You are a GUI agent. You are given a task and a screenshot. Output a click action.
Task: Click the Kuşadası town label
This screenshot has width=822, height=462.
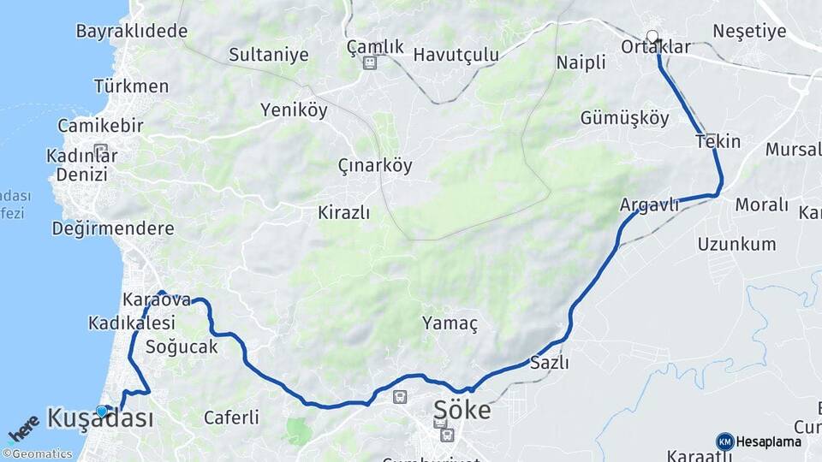coord(101,418)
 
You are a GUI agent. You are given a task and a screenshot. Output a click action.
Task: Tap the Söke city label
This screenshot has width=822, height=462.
coord(462,410)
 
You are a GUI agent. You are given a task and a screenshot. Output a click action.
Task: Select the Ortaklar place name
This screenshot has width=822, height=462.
coord(656,47)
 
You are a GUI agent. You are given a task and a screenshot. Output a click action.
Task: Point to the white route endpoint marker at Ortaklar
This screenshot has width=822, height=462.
coord(652,37)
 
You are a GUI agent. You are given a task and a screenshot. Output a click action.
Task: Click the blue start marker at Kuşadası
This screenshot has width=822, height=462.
coord(102,412)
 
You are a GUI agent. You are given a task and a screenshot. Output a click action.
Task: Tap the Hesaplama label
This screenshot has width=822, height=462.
coord(769,441)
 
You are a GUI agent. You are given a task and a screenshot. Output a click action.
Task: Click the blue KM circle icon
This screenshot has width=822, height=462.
coord(724,441)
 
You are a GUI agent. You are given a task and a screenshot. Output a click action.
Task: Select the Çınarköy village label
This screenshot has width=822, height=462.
coord(375,165)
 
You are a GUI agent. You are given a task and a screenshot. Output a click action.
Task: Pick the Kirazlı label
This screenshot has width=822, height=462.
coord(344,212)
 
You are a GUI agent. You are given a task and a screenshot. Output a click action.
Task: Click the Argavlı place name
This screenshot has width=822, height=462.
coord(649,204)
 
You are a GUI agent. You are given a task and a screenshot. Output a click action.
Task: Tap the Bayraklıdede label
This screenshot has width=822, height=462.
coord(132,32)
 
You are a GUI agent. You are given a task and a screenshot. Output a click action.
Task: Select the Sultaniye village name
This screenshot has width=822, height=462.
coord(268,55)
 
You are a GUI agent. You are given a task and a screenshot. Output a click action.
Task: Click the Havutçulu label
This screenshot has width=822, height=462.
coord(456,55)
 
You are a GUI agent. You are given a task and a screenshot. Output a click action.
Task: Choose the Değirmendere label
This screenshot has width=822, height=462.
coord(113,228)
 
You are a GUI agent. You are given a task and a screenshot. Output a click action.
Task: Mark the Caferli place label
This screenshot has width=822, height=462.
coord(231,418)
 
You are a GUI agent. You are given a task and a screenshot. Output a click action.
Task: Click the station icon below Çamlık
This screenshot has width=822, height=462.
coord(369,63)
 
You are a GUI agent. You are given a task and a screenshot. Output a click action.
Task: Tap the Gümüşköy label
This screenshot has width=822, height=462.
coord(625,118)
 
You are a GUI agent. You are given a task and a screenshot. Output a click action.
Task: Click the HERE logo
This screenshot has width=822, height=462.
coord(24,429)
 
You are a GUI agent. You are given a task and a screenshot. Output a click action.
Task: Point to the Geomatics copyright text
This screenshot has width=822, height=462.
coord(38,454)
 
